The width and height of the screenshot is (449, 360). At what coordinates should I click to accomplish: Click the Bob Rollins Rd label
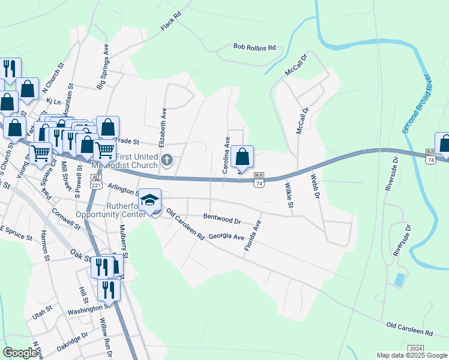click(254, 47)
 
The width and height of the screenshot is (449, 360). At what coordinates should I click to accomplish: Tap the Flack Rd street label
click(171, 22)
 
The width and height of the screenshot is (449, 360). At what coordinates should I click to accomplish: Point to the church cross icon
click(168, 160)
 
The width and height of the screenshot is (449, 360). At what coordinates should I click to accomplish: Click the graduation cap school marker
click(150, 199)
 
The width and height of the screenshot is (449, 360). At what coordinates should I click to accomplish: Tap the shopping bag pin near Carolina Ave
click(242, 157)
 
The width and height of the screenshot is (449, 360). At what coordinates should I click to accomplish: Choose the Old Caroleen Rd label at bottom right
click(409, 329)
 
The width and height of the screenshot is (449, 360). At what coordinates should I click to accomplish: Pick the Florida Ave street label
click(253, 235)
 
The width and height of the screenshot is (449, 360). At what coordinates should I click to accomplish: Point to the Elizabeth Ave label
click(162, 127)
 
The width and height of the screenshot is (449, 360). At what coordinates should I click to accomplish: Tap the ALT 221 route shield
click(96, 181)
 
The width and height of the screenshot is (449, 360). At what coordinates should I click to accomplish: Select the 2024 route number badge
click(415, 349)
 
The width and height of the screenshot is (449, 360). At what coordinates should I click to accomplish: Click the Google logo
click(20, 353)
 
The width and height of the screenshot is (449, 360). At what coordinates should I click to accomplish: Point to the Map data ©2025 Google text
click(411, 355)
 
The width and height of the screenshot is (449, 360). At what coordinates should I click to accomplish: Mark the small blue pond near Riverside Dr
click(400, 279)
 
